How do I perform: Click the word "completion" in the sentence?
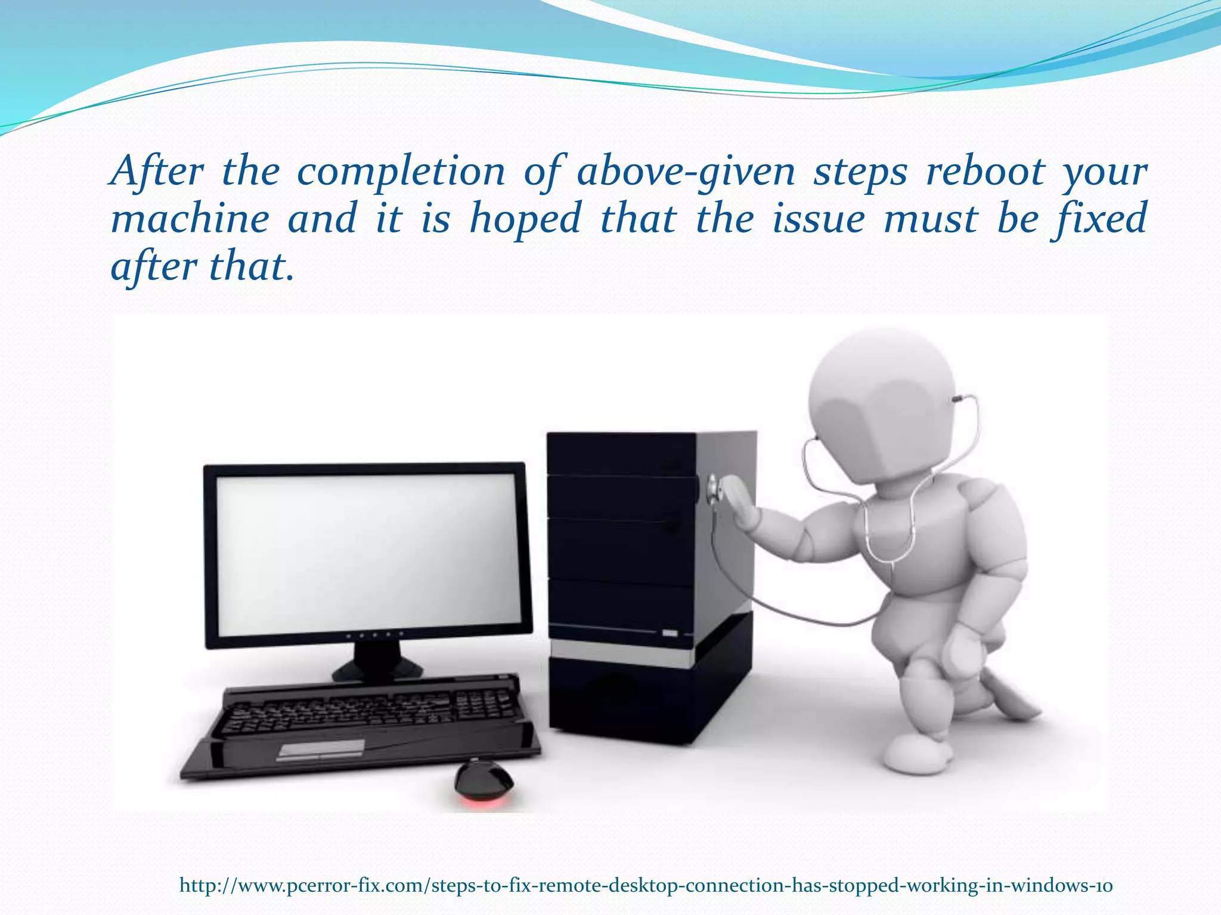[x=401, y=172]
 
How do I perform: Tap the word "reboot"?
[x=986, y=172]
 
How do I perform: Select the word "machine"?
[x=190, y=219]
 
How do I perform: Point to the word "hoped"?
[x=525, y=219]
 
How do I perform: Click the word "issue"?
[x=818, y=219]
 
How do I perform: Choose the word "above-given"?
[x=686, y=172]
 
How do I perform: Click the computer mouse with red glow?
[x=483, y=781]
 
